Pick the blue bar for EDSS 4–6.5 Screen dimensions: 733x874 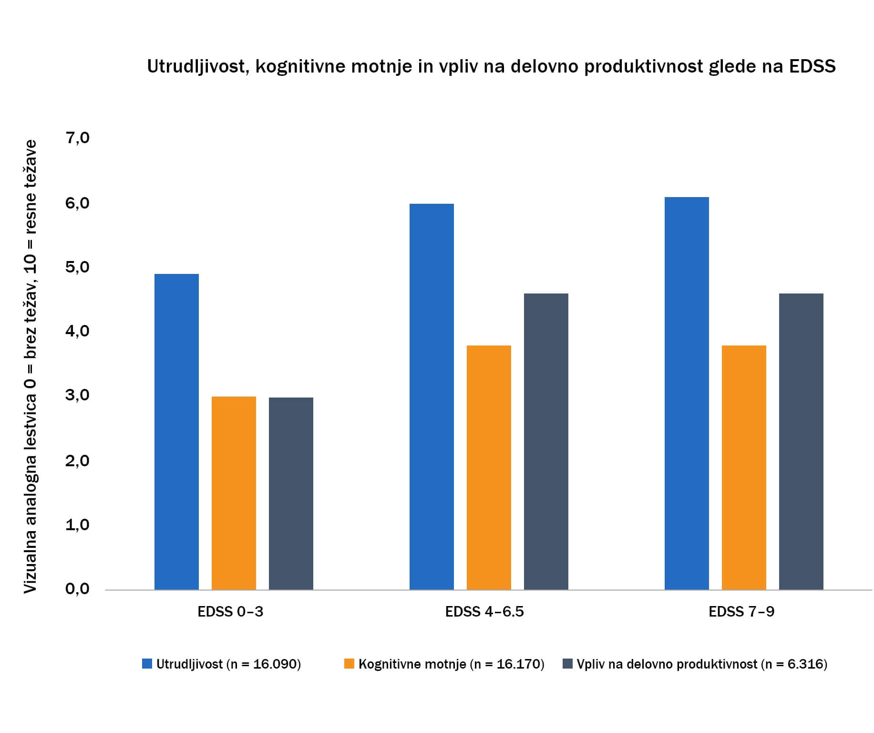point(432,397)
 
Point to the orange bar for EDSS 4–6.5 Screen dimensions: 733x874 point(489,468)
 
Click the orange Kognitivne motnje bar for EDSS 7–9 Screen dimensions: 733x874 point(744,468)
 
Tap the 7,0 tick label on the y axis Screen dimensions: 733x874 point(78,138)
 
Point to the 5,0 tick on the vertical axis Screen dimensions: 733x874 point(78,267)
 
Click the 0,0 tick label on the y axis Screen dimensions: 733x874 point(78,589)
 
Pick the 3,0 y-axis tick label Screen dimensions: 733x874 point(78,395)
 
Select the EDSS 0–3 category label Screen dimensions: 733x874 point(230,612)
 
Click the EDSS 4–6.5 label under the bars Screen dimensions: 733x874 point(484,612)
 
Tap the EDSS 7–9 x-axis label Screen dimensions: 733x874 point(741,612)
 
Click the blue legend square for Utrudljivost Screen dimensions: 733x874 point(147,664)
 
